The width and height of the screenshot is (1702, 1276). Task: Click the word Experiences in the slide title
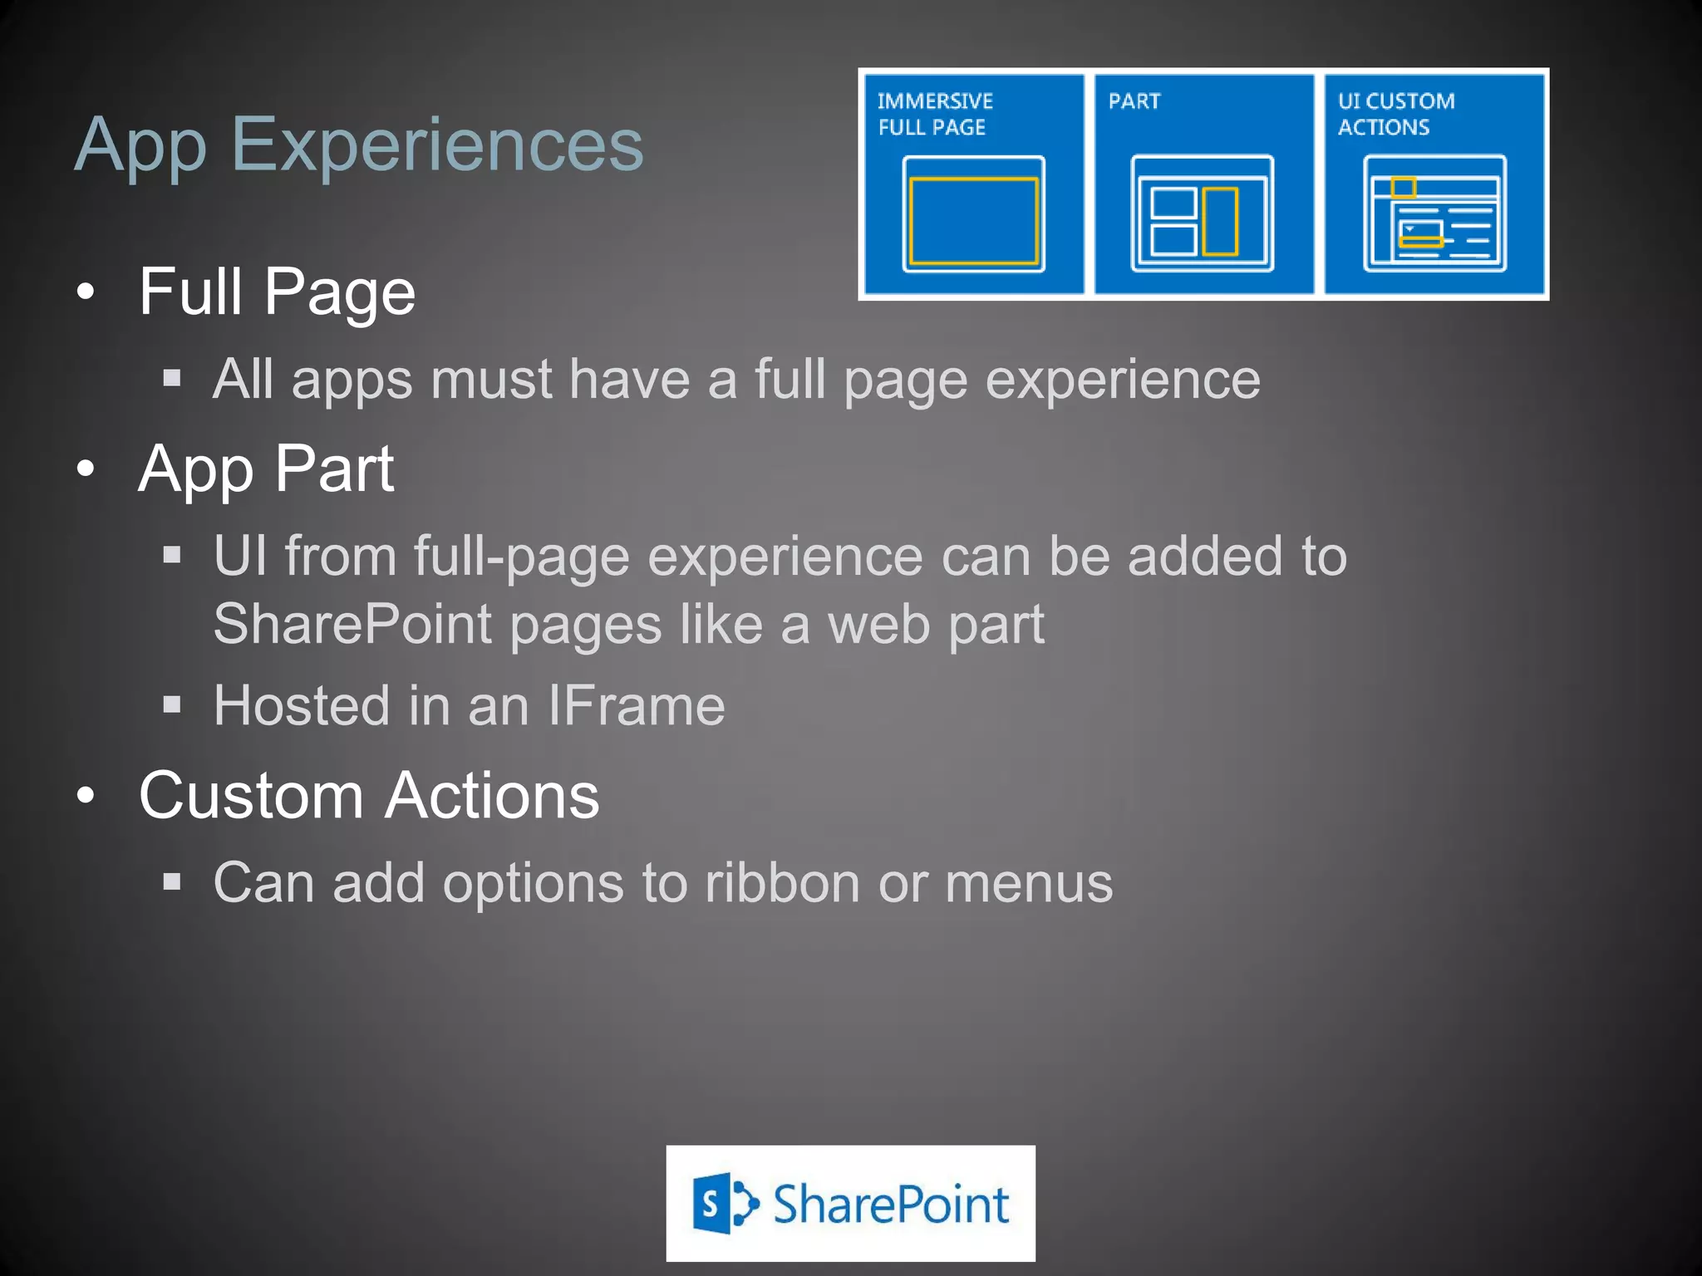pyautogui.click(x=438, y=145)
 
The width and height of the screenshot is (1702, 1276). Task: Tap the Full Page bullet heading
pyautogui.click(x=277, y=292)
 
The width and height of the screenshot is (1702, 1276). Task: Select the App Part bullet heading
pyautogui.click(x=266, y=469)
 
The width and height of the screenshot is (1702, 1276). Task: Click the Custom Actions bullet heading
pyautogui.click(x=369, y=796)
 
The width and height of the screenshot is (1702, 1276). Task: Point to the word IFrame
pyautogui.click(x=636, y=706)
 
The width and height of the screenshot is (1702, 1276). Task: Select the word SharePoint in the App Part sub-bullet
pyautogui.click(x=352, y=625)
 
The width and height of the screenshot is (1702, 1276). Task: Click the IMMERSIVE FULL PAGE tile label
pyautogui.click(x=934, y=114)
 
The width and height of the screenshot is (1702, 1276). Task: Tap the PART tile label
pyautogui.click(x=1134, y=101)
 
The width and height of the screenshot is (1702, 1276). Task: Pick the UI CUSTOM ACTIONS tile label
pyautogui.click(x=1395, y=114)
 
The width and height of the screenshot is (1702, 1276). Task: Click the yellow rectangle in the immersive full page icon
pyautogui.click(x=973, y=221)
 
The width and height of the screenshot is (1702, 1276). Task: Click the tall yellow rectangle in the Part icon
pyautogui.click(x=1220, y=221)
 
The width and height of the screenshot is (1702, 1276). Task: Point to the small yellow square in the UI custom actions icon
pyautogui.click(x=1404, y=187)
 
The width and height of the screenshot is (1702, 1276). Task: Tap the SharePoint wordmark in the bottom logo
pyautogui.click(x=891, y=1205)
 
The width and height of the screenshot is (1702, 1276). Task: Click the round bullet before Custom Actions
pyautogui.click(x=86, y=796)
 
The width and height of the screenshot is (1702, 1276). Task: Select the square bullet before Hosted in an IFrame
pyautogui.click(x=172, y=706)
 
